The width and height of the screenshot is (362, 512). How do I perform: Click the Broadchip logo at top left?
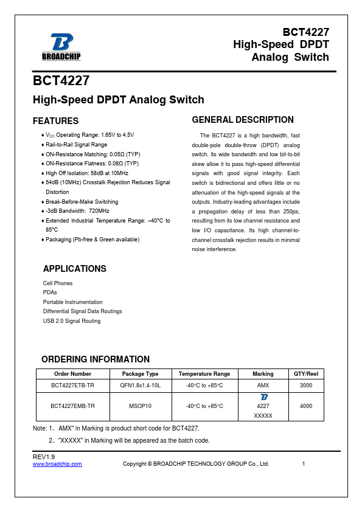pos(61,47)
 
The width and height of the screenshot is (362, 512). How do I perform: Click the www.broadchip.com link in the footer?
pos(57,464)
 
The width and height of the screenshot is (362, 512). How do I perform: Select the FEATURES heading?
pos(55,121)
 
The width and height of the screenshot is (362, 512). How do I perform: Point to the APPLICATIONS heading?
pos(75,269)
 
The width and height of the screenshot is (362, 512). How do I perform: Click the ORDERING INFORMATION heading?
pos(96,359)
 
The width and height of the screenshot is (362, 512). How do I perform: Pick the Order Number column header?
pos(73,374)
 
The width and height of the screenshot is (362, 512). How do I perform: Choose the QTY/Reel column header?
pos(306,374)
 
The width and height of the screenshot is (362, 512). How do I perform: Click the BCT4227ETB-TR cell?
pos(73,386)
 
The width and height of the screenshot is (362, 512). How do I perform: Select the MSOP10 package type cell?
pos(141,406)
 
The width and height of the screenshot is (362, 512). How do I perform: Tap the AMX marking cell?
pos(263,386)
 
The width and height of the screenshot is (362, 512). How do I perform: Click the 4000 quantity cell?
pos(306,406)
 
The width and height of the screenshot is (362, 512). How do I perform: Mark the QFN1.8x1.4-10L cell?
pos(141,386)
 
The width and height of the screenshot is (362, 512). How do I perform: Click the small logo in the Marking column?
pos(263,397)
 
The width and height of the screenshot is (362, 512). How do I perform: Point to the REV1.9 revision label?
pos(43,457)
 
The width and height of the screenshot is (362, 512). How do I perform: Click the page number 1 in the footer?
pos(303,464)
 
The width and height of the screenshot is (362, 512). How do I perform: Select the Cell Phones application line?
pos(58,283)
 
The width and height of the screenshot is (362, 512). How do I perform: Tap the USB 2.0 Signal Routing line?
pos(72,321)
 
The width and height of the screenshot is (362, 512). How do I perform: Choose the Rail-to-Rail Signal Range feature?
pos(76,145)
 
